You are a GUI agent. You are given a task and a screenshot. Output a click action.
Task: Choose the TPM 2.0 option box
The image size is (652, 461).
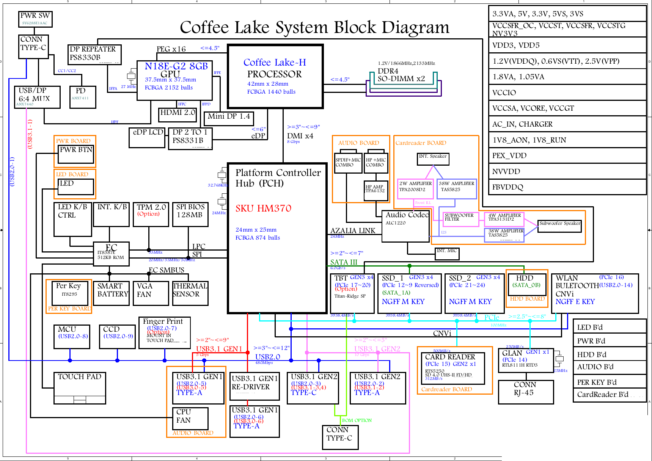click(151, 214)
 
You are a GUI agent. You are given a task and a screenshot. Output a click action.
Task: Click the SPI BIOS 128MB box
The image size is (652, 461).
click(190, 214)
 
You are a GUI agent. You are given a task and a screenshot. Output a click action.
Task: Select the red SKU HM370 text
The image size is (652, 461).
click(263, 209)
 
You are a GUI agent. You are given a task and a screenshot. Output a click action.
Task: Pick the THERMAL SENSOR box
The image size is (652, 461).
click(190, 293)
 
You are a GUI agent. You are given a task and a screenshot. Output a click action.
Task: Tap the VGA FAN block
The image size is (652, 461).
click(151, 293)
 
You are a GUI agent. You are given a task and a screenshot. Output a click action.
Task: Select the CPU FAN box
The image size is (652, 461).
click(190, 418)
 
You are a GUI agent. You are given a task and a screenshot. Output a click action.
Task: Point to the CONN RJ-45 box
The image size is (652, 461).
click(526, 392)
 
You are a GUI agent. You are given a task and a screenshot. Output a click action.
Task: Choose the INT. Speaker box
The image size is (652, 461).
click(433, 159)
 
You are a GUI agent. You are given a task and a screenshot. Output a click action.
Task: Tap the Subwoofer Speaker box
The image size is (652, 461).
click(559, 226)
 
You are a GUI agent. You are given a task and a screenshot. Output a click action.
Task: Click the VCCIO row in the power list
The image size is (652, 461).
click(567, 93)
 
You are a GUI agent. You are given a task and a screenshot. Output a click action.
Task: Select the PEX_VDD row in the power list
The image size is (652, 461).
click(567, 155)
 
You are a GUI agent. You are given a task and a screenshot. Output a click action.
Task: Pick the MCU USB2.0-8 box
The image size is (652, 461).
click(72, 336)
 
